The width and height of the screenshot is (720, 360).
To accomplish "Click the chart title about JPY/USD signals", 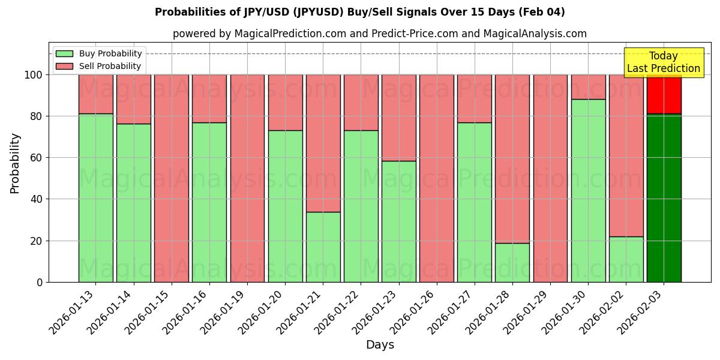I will [360, 12].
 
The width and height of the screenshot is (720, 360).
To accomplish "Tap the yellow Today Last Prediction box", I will [663, 62].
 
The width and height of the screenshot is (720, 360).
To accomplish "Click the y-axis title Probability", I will [15, 163].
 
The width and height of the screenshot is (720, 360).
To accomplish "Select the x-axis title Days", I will [380, 345].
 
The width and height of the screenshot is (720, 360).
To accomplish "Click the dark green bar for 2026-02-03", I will [664, 198].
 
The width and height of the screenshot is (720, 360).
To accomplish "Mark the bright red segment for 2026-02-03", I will [664, 94].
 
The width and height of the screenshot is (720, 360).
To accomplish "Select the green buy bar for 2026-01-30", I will [588, 191].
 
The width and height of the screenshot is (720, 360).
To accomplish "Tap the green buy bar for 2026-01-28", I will [512, 262].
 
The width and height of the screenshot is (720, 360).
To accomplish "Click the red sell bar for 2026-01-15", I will [172, 178].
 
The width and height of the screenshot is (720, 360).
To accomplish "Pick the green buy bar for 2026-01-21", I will [323, 247].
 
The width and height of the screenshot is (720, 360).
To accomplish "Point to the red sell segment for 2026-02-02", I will [626, 155].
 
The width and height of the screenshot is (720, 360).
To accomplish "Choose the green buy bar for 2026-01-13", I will [95, 198].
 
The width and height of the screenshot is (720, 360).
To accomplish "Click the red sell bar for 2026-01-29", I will [550, 178].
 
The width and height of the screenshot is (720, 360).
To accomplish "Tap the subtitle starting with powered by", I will [380, 34].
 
